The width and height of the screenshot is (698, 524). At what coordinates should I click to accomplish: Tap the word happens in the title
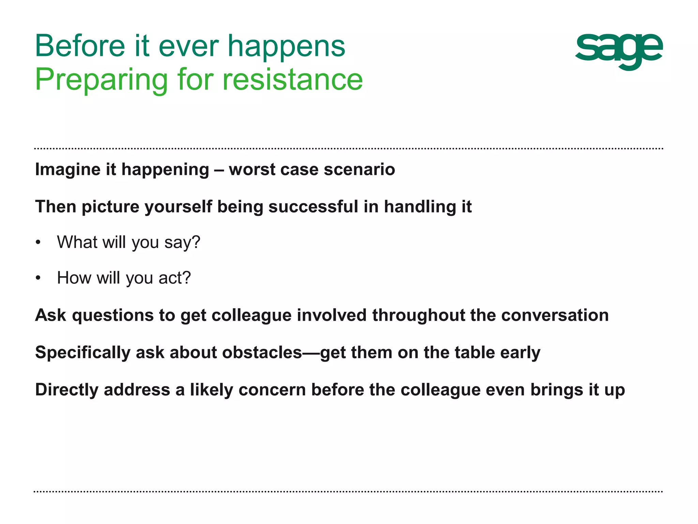point(286,47)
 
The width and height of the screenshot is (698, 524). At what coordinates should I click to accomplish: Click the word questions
point(112,316)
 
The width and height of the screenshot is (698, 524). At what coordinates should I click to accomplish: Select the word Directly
point(67,390)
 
